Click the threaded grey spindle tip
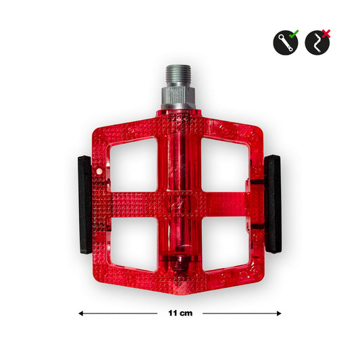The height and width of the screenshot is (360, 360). tap(178, 76)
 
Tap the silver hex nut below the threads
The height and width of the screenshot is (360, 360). tap(178, 98)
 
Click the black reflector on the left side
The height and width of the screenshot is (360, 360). tap(85, 205)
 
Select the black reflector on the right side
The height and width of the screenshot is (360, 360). tap(273, 204)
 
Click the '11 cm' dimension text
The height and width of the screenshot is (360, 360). tap(180, 313)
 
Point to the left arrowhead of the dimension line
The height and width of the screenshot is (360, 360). tap(80, 313)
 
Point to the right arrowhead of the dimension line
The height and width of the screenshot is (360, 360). tap(279, 313)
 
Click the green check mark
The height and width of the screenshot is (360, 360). tap(294, 34)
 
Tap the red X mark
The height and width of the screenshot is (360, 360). tap(326, 34)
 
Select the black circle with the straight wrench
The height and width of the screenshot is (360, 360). tap(286, 43)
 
